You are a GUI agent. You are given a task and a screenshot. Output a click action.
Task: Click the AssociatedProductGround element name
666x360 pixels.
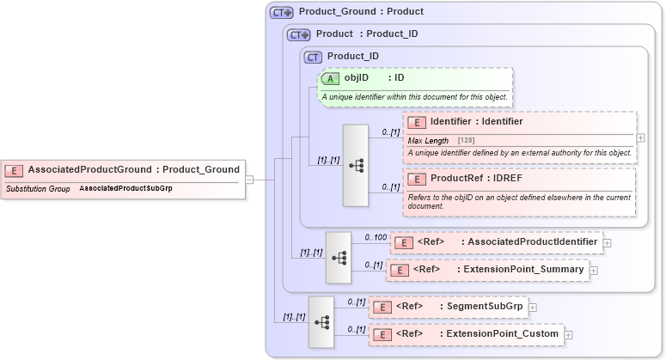(89, 169)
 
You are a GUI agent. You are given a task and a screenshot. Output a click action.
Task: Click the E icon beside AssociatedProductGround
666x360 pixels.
(15, 170)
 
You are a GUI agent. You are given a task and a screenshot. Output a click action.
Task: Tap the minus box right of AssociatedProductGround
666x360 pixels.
(249, 180)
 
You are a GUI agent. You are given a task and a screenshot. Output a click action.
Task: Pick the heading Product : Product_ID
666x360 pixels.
(367, 34)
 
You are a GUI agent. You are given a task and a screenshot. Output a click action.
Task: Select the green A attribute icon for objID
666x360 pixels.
(331, 78)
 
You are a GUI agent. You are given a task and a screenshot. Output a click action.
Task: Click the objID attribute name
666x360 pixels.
(357, 78)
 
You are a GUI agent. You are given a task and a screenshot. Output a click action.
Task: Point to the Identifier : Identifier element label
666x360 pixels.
(476, 121)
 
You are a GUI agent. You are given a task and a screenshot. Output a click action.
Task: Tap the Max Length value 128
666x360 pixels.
(466, 140)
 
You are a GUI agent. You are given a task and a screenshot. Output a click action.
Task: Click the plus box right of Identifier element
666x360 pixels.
(641, 137)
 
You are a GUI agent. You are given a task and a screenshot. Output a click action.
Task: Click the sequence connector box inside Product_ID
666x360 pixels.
(355, 166)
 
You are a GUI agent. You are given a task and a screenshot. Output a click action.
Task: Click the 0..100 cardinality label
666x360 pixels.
(375, 236)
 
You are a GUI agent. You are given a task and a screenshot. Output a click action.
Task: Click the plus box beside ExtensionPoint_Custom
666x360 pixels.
(568, 333)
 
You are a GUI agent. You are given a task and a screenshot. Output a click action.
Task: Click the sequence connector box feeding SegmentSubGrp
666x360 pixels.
(321, 321)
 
